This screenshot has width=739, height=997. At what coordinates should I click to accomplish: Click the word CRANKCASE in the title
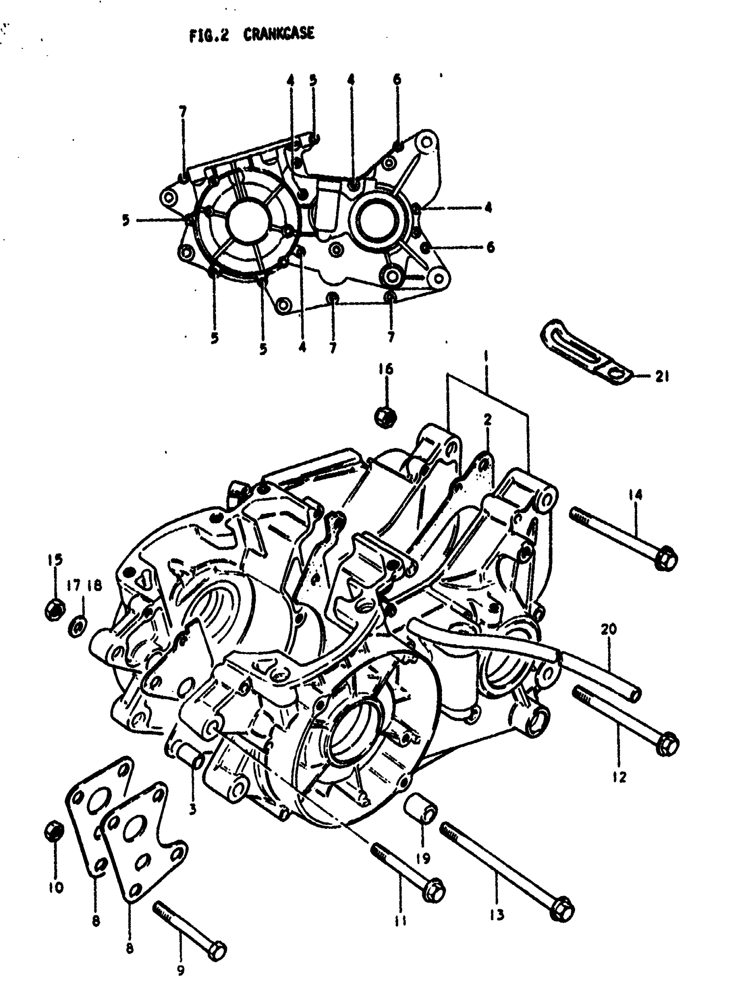[x=279, y=34]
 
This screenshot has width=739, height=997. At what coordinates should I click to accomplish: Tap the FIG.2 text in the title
[x=209, y=35]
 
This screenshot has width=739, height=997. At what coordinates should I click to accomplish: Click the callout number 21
[x=662, y=377]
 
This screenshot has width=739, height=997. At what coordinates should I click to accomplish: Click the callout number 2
[x=488, y=419]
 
